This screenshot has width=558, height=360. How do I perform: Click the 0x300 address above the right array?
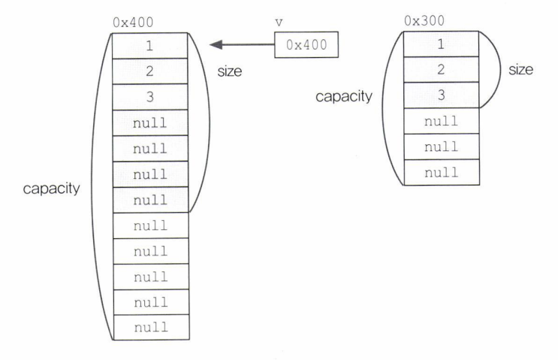(x=421, y=23)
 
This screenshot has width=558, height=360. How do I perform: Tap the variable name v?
(x=279, y=23)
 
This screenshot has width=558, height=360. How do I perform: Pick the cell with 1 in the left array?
(x=150, y=45)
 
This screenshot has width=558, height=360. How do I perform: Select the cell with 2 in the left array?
(x=150, y=71)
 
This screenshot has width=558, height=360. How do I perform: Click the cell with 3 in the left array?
(x=150, y=97)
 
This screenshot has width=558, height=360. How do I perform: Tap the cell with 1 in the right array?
(x=442, y=44)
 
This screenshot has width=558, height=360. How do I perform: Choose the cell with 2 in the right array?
(x=442, y=69)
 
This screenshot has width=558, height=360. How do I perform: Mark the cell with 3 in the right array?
(x=442, y=95)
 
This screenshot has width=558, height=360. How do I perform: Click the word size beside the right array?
(x=520, y=70)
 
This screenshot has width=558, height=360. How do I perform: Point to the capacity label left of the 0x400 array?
(x=51, y=188)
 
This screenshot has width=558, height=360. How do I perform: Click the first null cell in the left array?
(x=150, y=123)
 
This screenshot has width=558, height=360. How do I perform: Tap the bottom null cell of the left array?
(x=150, y=328)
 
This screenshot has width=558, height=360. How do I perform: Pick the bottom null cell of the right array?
(x=442, y=172)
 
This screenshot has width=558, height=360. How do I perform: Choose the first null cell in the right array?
(x=442, y=121)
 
